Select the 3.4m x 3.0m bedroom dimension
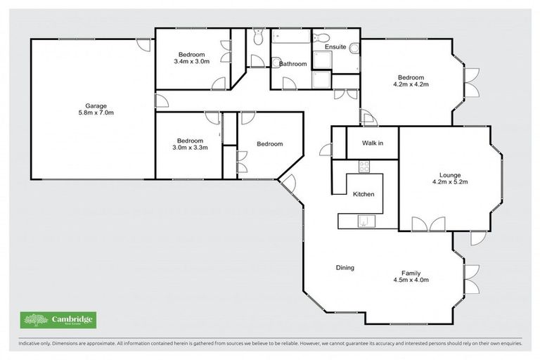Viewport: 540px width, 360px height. pyautogui.click(x=191, y=62)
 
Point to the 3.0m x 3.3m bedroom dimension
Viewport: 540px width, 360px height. pyautogui.click(x=190, y=148)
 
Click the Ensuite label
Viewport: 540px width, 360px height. pyautogui.click(x=335, y=48)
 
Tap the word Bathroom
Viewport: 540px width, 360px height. pyautogui.click(x=292, y=64)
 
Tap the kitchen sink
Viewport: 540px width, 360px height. pyautogui.click(x=364, y=222)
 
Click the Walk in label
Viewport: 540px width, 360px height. pyautogui.click(x=372, y=143)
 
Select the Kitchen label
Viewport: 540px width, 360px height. pyautogui.click(x=364, y=194)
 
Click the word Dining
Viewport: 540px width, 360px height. pyautogui.click(x=345, y=267)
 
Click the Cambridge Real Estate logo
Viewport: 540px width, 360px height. pyautogui.click(x=59, y=321)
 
